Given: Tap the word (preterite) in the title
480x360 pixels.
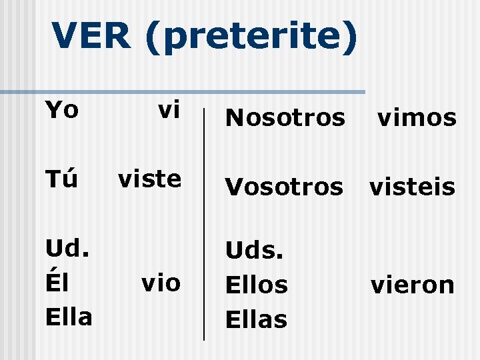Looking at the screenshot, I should pyautogui.click(x=249, y=37).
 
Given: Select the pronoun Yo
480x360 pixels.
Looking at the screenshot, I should pyautogui.click(x=61, y=109).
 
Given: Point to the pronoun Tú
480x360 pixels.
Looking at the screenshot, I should pyautogui.click(x=61, y=178).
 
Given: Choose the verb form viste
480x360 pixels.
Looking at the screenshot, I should pyautogui.click(x=149, y=178).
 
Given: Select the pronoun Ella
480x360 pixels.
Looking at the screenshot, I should pyautogui.click(x=68, y=316).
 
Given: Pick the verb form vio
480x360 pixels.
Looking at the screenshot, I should pyautogui.click(x=161, y=283).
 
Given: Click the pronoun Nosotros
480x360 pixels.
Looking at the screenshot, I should pyautogui.click(x=285, y=118).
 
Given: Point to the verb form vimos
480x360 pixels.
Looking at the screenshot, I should pyautogui.click(x=417, y=118).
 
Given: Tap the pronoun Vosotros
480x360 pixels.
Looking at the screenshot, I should pyautogui.click(x=284, y=187).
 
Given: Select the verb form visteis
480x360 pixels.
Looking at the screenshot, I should pyautogui.click(x=412, y=187).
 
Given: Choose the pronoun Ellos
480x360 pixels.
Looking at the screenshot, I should pyautogui.click(x=257, y=285).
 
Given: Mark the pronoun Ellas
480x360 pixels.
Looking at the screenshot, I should pyautogui.click(x=257, y=319).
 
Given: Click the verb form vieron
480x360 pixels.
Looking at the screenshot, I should pyautogui.click(x=413, y=285).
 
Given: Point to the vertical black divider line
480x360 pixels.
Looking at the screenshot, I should pyautogui.click(x=203, y=220).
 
